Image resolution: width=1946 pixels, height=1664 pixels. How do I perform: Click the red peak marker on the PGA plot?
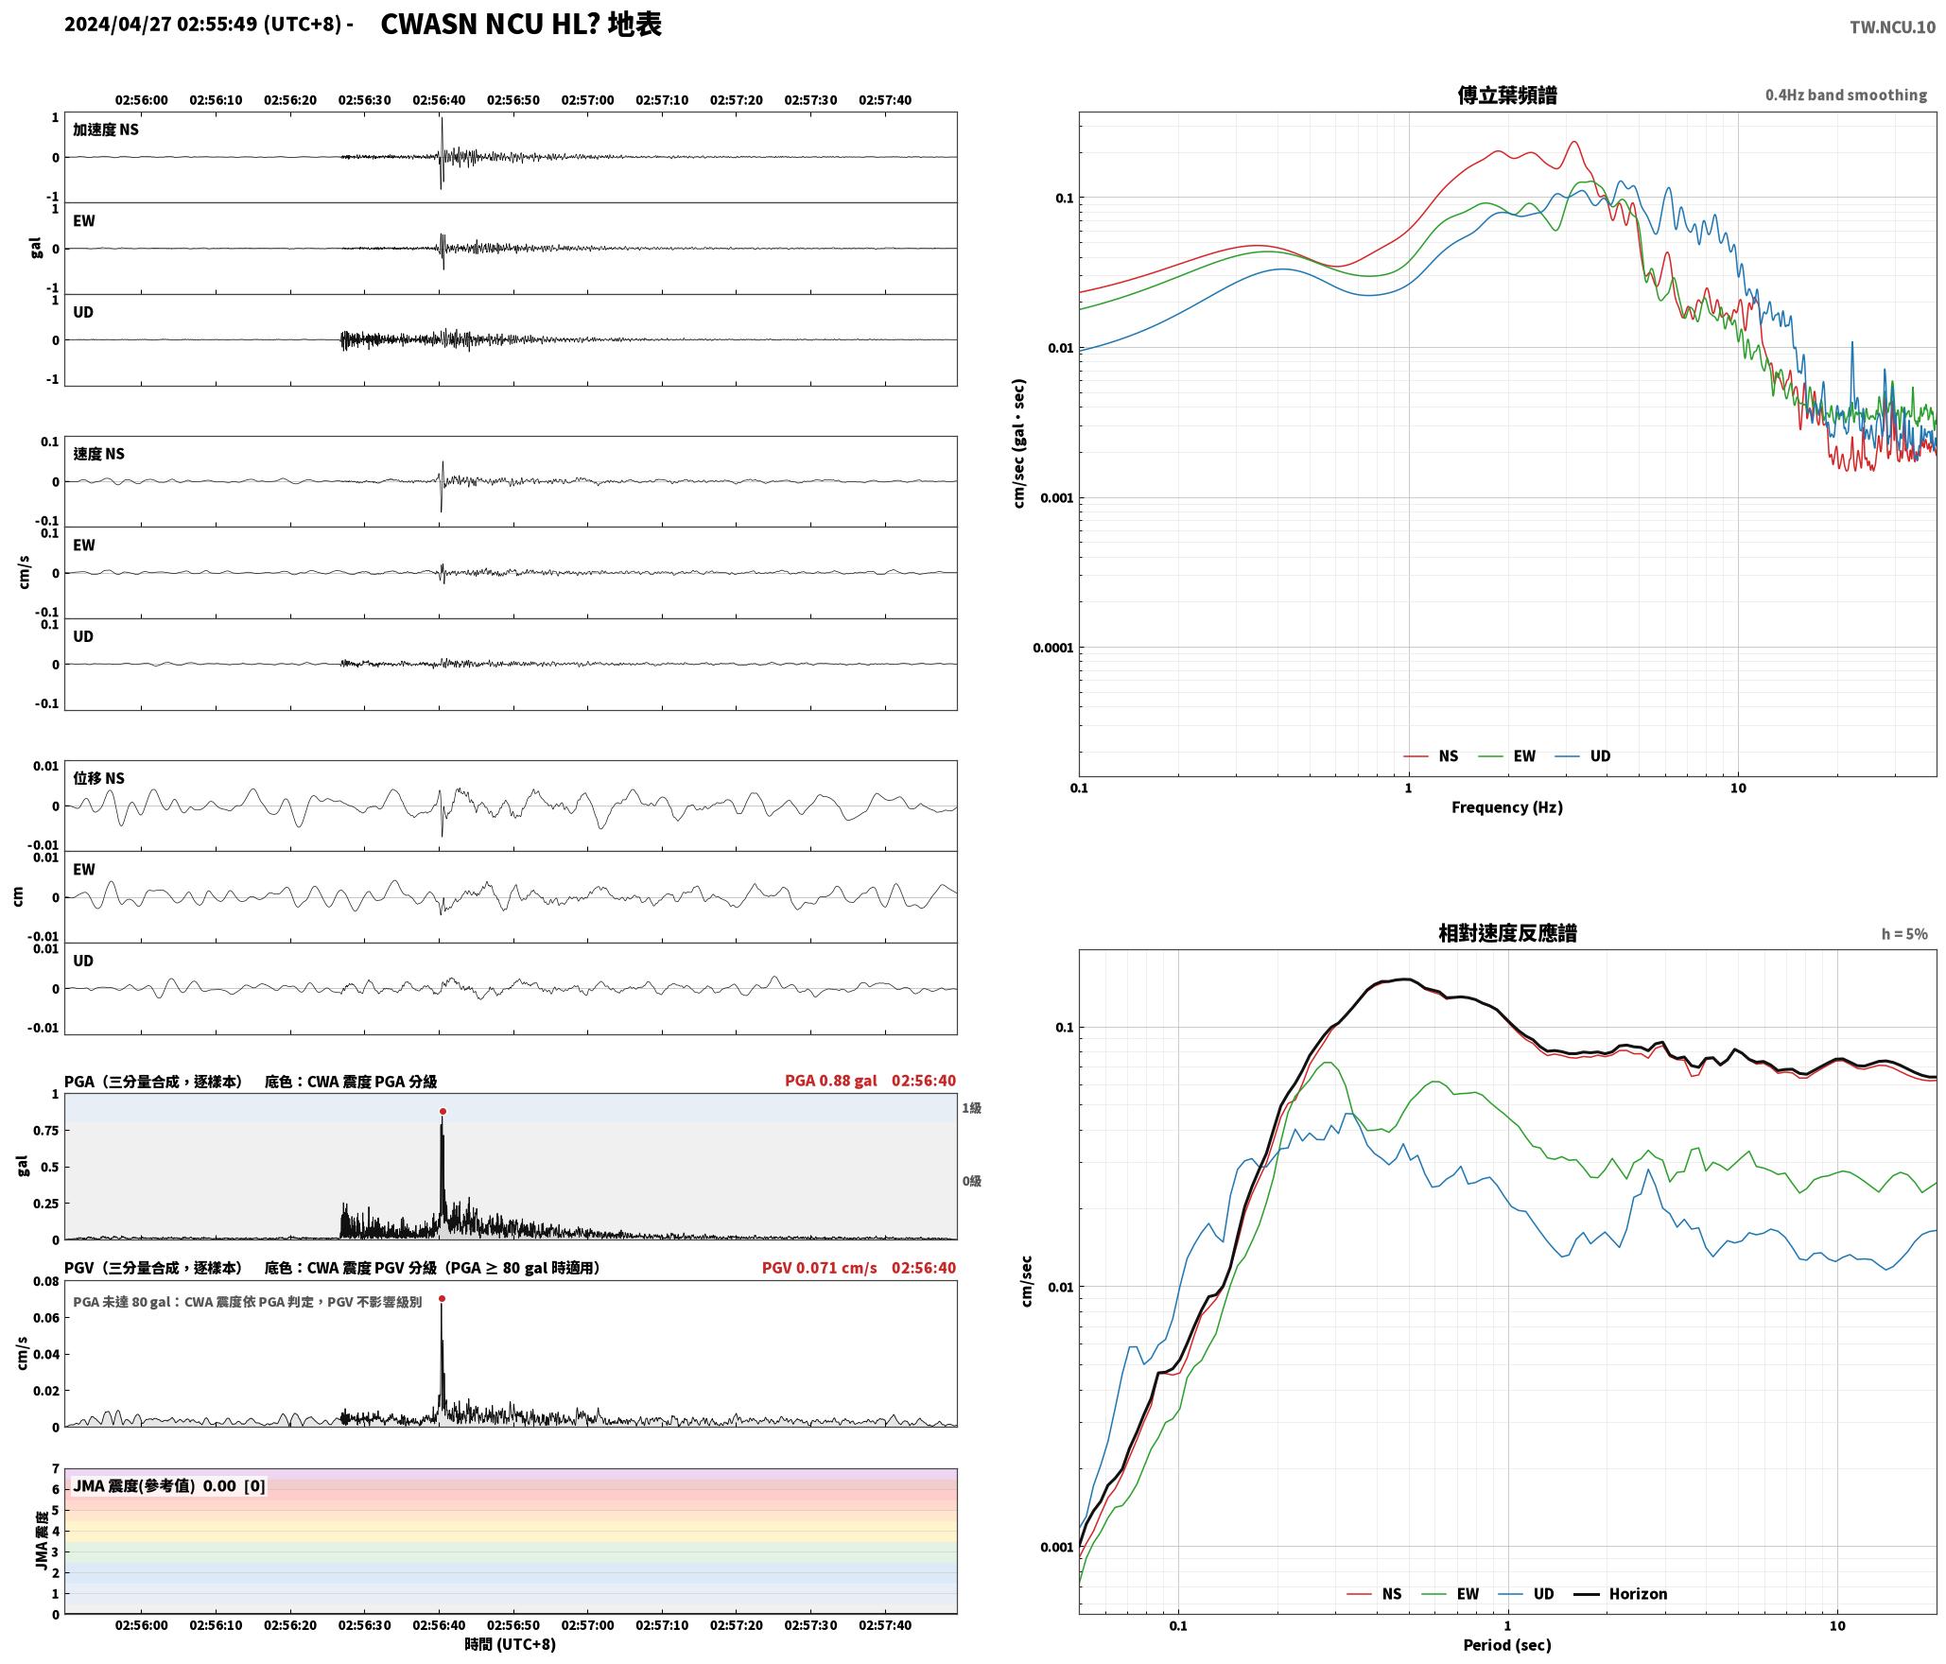pos(443,1112)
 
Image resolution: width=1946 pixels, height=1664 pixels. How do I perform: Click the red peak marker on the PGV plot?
pos(442,1299)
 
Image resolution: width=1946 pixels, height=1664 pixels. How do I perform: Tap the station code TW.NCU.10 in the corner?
pos(1892,27)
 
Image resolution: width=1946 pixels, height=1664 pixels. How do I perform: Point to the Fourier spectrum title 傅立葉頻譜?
pos(1507,95)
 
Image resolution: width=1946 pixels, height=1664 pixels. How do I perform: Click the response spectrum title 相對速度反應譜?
pos(1507,933)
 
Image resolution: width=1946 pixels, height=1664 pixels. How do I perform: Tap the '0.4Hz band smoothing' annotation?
pos(1846,95)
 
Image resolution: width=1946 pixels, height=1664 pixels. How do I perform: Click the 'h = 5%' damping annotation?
pos(1903,934)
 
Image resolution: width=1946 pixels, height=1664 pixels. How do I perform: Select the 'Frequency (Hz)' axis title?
pos(1507,807)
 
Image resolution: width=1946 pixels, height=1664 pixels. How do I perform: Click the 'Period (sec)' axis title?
pos(1507,1645)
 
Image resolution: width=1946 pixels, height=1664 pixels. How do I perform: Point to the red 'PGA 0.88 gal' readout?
pos(830,1081)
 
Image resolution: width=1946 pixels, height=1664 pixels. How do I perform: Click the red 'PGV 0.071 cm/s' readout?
pos(819,1268)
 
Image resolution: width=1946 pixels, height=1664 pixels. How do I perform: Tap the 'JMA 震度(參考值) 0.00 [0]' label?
pos(169,1486)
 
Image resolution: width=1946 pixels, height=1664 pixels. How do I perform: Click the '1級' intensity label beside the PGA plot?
pos(971,1108)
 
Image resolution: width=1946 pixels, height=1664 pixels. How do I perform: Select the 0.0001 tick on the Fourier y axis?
pos(1051,649)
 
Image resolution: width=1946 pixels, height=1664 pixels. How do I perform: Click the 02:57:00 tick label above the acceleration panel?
pos(587,100)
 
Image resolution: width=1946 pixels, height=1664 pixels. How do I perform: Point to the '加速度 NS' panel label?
pos(106,130)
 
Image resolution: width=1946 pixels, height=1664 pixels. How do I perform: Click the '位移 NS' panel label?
pos(98,779)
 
